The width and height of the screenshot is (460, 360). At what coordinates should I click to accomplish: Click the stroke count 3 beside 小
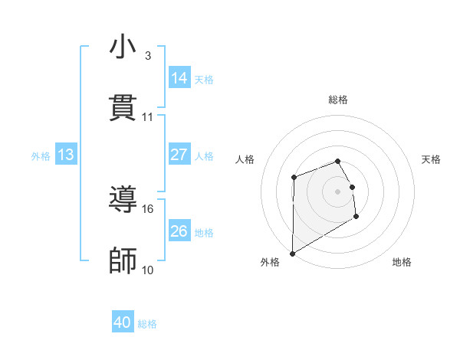click(147, 56)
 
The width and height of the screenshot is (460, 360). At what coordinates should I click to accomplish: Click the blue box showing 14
click(179, 78)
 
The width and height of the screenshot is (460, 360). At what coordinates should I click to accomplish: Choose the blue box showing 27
click(179, 155)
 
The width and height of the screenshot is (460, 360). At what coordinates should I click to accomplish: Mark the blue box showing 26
click(179, 231)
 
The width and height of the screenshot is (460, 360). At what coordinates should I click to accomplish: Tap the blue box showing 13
click(66, 155)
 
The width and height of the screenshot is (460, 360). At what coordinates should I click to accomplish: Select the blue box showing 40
click(123, 323)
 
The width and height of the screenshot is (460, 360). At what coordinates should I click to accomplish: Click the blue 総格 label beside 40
click(147, 325)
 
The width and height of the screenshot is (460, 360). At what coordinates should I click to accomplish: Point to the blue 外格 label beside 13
click(41, 156)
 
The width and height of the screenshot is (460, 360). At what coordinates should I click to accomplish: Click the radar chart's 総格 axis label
click(338, 100)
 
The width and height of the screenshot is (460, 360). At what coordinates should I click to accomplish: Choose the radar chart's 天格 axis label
click(432, 159)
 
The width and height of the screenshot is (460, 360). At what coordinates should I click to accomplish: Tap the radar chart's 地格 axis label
click(402, 262)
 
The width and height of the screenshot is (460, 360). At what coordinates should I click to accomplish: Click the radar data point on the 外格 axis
click(292, 253)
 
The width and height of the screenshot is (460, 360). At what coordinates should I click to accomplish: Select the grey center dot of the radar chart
click(337, 191)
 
